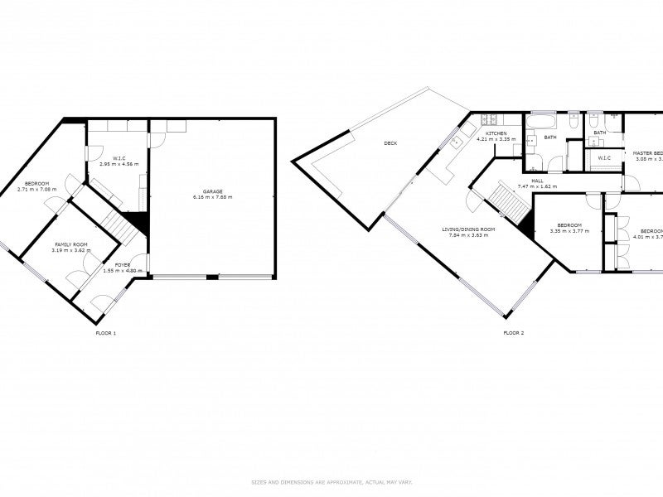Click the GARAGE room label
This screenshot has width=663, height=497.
point(213,191)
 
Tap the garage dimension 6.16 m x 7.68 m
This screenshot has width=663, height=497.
point(213,197)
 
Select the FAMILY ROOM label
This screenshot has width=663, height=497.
point(72,244)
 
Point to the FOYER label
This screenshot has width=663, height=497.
point(123,265)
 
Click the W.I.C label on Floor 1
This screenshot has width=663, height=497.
point(119,157)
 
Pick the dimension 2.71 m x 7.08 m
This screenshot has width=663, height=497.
point(36,189)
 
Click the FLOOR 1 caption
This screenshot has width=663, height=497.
point(106,333)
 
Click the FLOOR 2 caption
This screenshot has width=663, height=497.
point(514,333)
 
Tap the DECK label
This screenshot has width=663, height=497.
point(390,143)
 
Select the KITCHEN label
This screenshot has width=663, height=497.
point(496,133)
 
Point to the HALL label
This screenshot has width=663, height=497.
point(537,181)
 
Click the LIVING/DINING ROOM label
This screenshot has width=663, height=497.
point(468,229)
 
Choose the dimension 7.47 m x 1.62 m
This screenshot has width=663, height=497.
point(537,186)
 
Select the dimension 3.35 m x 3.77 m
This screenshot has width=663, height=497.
point(569,231)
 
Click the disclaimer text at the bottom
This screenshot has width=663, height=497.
point(331,481)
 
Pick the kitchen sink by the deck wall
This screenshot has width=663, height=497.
point(455,143)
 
